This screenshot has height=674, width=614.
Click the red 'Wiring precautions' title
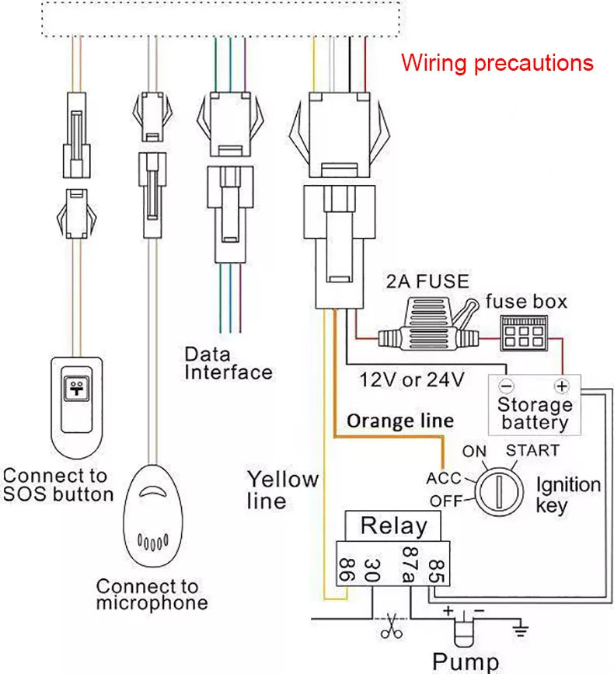[497, 62]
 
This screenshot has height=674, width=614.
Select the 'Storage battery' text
[534, 414]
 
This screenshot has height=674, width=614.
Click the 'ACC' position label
[443, 478]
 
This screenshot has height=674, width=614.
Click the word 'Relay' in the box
[393, 526]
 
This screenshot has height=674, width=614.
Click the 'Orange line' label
[399, 421]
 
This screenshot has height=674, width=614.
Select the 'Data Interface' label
[228, 363]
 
